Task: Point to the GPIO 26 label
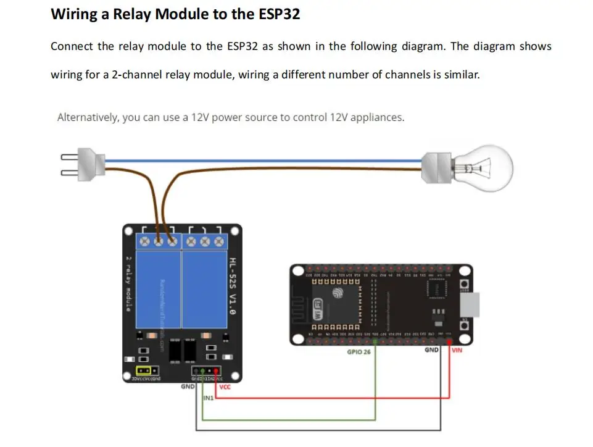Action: click(359, 352)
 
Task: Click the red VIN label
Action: click(457, 350)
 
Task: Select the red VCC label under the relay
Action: click(225, 387)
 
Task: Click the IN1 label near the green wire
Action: click(208, 399)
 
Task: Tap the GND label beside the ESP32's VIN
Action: click(431, 350)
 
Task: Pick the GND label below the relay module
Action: click(187, 386)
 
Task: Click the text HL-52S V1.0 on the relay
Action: click(232, 287)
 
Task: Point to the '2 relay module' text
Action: click(128, 283)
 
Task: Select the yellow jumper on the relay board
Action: click(143, 370)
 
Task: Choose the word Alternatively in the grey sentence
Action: click(88, 117)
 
